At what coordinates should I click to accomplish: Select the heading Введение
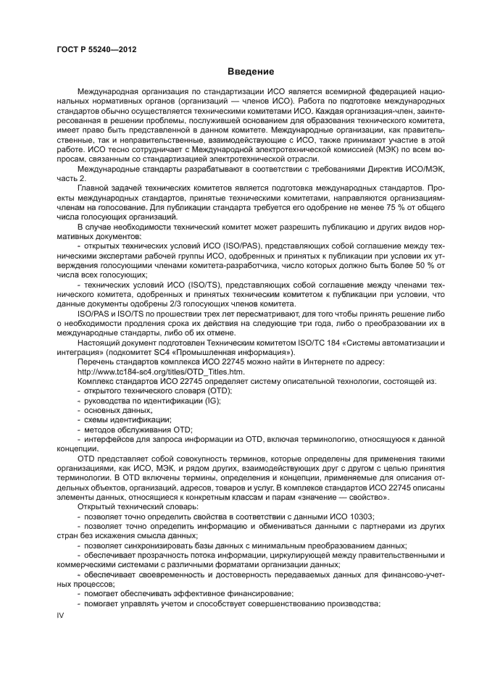251,72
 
